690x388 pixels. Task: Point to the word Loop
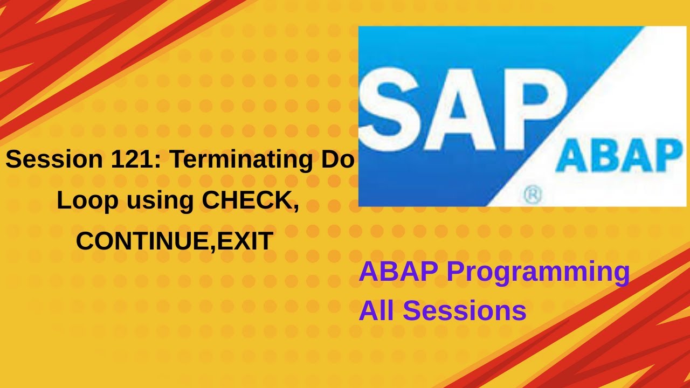click(x=87, y=200)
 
